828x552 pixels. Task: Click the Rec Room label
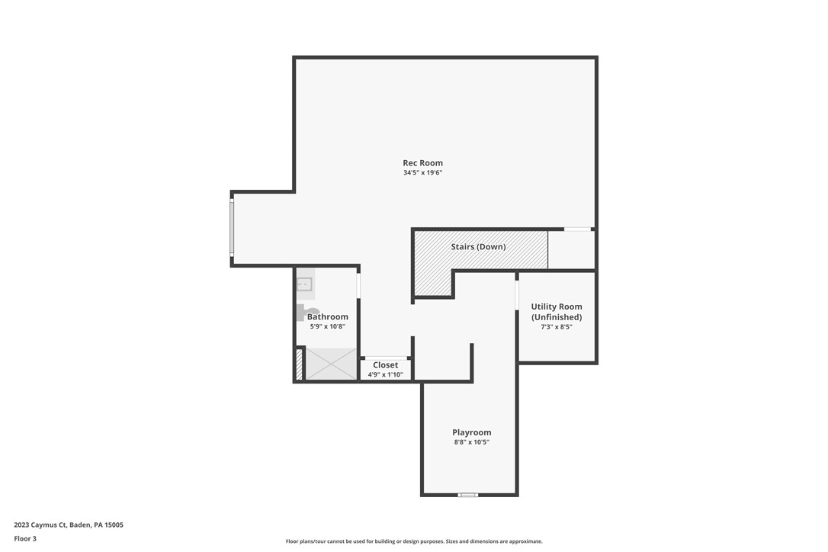click(422, 162)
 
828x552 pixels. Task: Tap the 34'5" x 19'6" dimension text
click(422, 173)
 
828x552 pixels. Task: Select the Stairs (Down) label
click(478, 246)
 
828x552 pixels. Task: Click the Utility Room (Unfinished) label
click(557, 312)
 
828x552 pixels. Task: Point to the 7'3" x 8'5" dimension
click(557, 327)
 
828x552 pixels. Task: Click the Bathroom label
click(328, 316)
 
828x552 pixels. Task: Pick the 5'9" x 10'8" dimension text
click(328, 326)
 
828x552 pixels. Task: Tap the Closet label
click(385, 365)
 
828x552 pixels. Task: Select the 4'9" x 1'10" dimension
click(385, 374)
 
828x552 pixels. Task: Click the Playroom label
click(471, 432)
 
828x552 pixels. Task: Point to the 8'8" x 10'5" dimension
click(471, 442)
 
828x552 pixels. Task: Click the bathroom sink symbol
click(305, 284)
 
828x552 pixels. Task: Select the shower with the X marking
click(331, 364)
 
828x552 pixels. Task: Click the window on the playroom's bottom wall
click(467, 495)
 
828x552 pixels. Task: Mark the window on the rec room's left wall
click(232, 227)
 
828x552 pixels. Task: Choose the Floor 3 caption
click(24, 538)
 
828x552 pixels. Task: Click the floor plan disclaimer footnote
click(414, 541)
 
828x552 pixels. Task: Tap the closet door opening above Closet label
click(385, 358)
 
